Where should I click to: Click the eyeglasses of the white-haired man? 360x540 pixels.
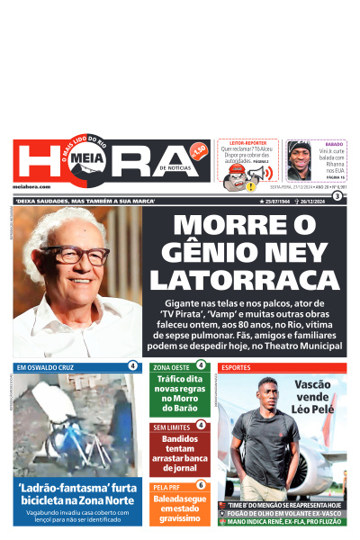[x=75, y=255]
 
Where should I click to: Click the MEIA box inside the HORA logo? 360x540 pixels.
[x=86, y=159]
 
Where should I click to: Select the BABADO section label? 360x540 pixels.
[x=334, y=143]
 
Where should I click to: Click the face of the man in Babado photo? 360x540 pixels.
[x=299, y=161]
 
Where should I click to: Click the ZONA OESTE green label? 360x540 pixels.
[x=171, y=367]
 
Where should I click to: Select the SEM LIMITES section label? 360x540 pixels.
[x=172, y=426]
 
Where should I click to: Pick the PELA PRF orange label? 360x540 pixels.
[x=167, y=486]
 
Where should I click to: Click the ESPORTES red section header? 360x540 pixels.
[x=237, y=367]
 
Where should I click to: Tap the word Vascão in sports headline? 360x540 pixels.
[x=311, y=384]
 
